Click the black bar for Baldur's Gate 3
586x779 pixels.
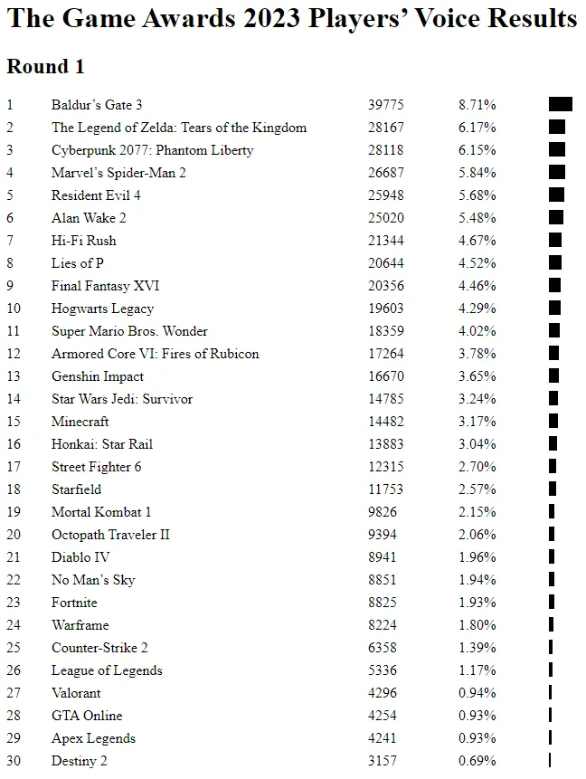tap(560, 104)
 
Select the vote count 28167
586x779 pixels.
tap(386, 128)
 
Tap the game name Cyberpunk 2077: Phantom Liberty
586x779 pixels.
tap(153, 150)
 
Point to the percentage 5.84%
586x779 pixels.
tap(477, 173)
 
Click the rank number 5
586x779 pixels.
tap(10, 195)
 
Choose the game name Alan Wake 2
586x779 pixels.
tap(89, 218)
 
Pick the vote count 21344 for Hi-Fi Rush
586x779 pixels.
tap(386, 241)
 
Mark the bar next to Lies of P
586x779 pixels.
tap(555, 262)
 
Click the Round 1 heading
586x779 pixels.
tap(46, 67)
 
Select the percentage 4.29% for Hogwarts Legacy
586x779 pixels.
tap(477, 309)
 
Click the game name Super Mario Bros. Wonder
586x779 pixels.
tap(129, 331)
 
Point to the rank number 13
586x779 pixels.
tap(14, 376)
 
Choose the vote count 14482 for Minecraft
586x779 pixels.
tap(386, 422)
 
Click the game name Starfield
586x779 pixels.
tap(77, 489)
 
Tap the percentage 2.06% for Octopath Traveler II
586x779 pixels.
tap(477, 535)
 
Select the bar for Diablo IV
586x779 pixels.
tap(552, 556)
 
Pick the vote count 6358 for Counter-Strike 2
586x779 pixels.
tap(383, 648)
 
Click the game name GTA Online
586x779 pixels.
tap(87, 716)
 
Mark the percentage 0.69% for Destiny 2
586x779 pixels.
tap(477, 761)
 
